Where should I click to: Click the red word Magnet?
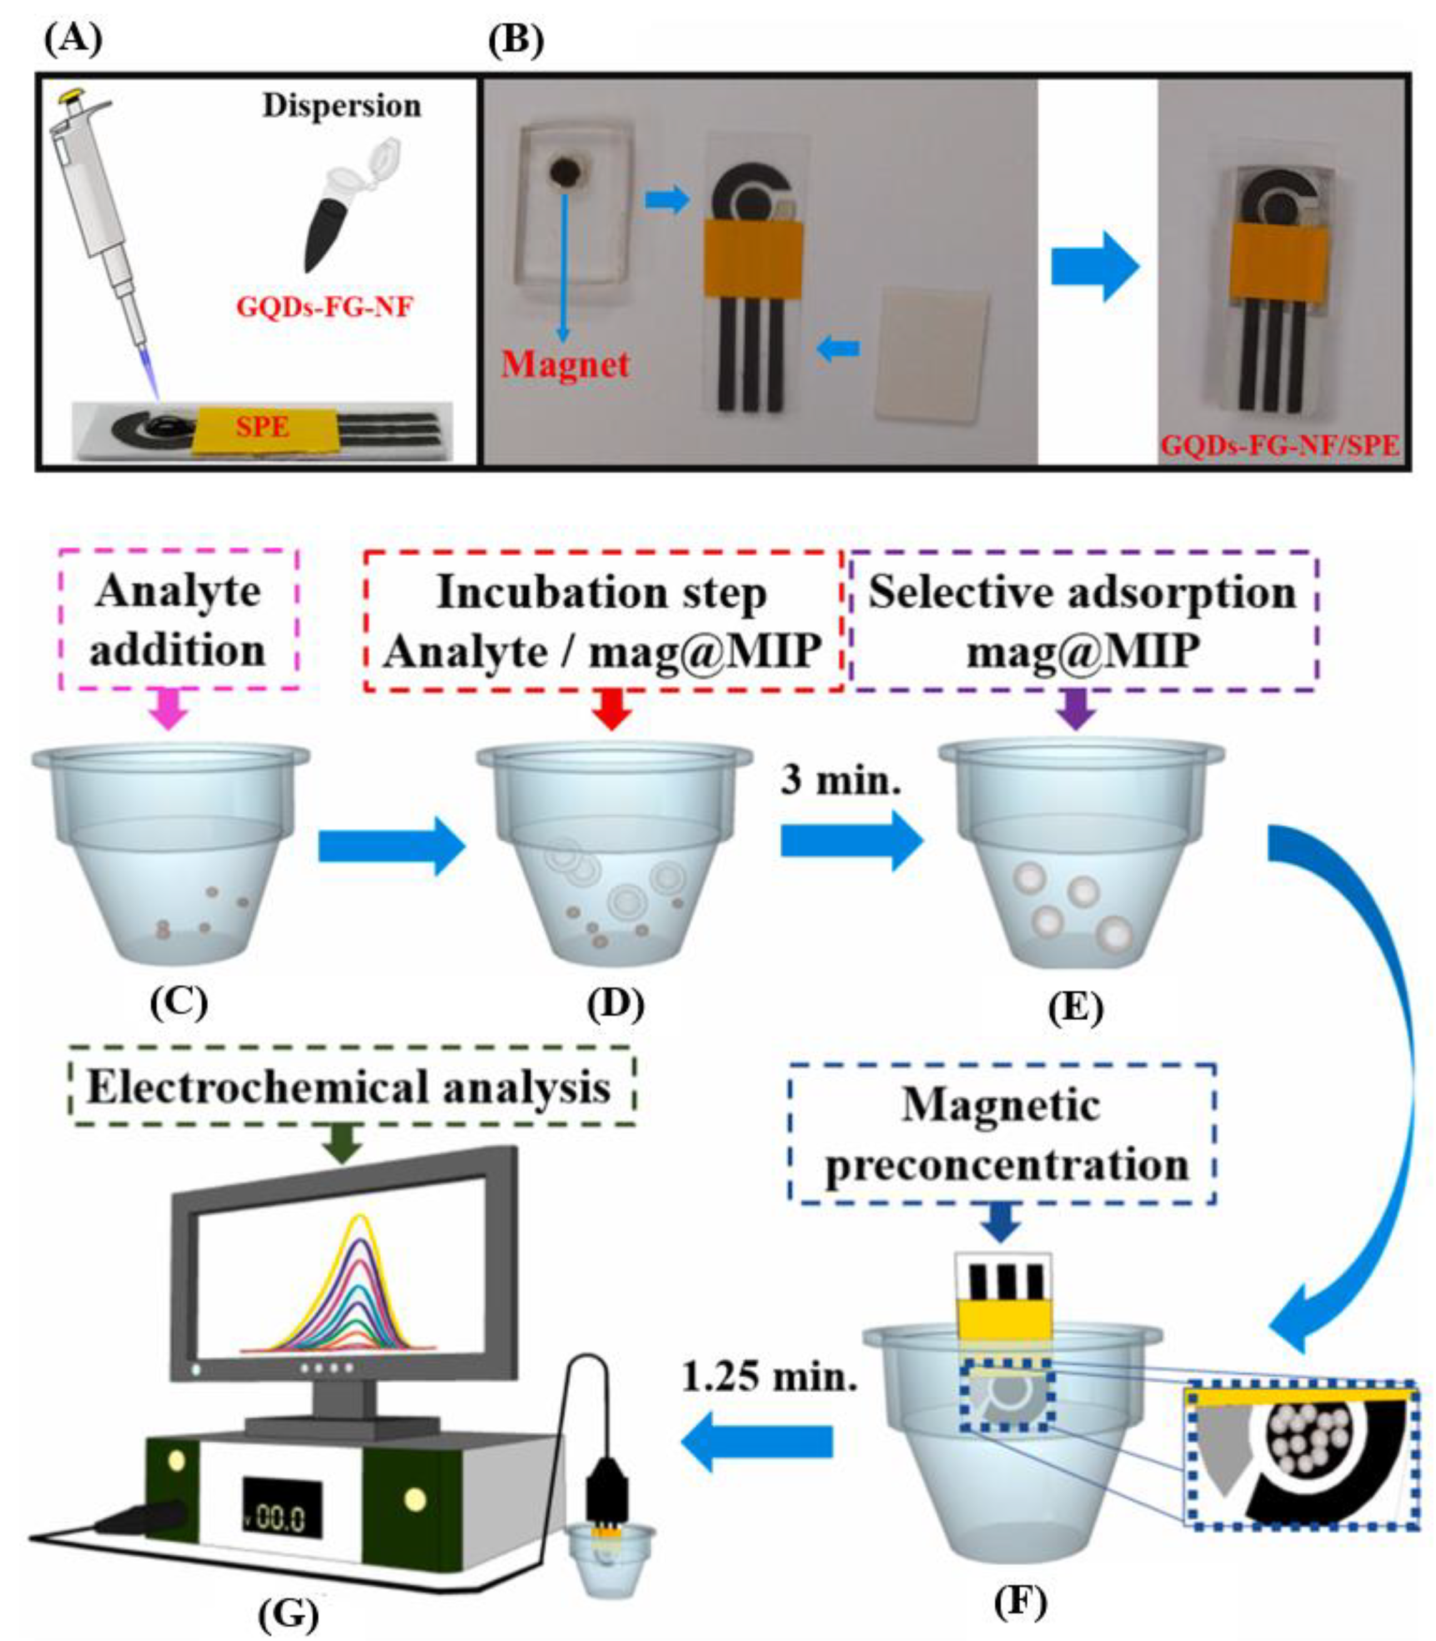pos(565,364)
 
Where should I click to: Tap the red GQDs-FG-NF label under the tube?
pos(324,307)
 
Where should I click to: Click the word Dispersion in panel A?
pos(341,106)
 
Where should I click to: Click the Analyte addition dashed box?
pos(179,620)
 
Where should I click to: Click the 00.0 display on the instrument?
pos(282,1518)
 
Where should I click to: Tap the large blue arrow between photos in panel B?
pos(1095,267)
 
